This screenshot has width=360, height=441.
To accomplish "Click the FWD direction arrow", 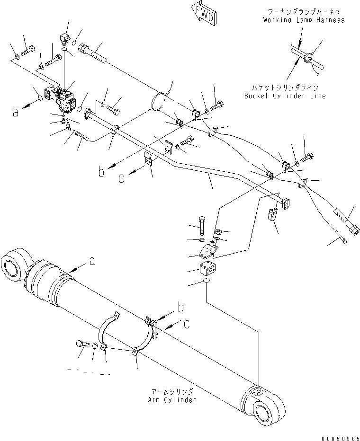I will coord(203,14).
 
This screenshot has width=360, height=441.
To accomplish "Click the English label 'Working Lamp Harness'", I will coord(304,20).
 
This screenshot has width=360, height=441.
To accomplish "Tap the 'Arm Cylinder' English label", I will coord(171,400).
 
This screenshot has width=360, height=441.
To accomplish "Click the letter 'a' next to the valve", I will coord(16,112).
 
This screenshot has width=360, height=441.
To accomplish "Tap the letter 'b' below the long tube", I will coord(101,172).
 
